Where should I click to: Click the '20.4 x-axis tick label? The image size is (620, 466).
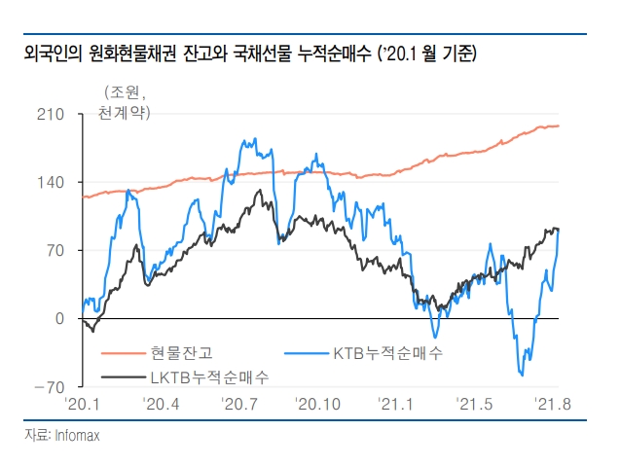pyautogui.click(x=160, y=403)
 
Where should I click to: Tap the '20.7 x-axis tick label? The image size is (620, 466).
pyautogui.click(x=238, y=403)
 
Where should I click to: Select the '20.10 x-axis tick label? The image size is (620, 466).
pyautogui.click(x=318, y=403)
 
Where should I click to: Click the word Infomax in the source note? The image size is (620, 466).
pyautogui.click(x=79, y=436)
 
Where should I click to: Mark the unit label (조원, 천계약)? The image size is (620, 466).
pyautogui.click(x=124, y=104)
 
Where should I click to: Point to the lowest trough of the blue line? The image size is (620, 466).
pyautogui.click(x=522, y=375)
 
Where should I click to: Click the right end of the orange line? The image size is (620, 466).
pyautogui.click(x=559, y=125)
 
